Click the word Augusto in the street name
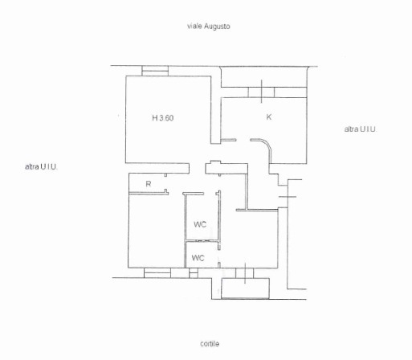pyautogui.click(x=216, y=27)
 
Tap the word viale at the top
pyautogui.click(x=194, y=27)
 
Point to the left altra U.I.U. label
pyautogui.click(x=41, y=166)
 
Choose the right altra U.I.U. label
pyautogui.click(x=361, y=129)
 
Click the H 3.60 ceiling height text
pyautogui.click(x=163, y=118)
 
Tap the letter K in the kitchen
pyautogui.click(x=269, y=117)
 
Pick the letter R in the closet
pyautogui.click(x=148, y=184)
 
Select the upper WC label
pyautogui.click(x=200, y=224)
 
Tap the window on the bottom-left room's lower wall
pyautogui.click(x=157, y=273)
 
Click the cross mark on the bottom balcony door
pyautogui.click(x=244, y=272)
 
